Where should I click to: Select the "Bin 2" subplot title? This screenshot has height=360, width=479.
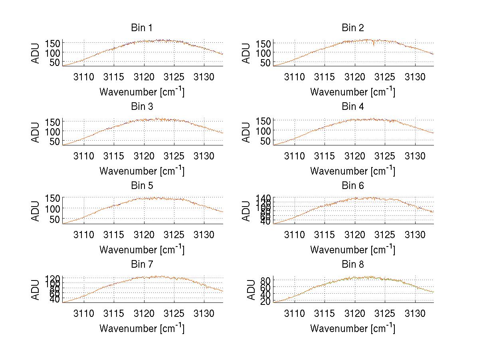click(352, 28)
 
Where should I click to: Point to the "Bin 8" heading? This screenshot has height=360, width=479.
click(352, 265)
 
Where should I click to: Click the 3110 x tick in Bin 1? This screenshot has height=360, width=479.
click(84, 77)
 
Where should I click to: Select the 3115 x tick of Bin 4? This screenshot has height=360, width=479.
click(325, 155)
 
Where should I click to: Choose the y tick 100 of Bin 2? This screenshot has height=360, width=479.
click(261, 52)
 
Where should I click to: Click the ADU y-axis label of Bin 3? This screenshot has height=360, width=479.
click(36, 132)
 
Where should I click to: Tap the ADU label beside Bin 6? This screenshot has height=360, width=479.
click(246, 211)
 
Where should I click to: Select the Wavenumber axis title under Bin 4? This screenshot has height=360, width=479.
click(352, 170)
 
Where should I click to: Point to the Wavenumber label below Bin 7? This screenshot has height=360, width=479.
click(142, 328)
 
